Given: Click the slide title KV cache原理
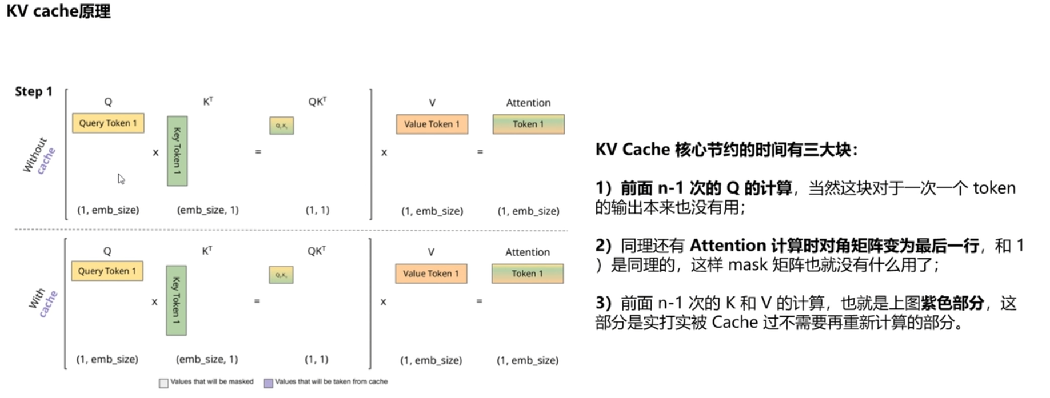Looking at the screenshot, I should coord(58,11).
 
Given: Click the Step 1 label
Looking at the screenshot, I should coord(34,91).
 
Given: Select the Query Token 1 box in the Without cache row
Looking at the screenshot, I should coord(108,123).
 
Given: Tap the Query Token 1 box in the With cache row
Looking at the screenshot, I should coord(107,271).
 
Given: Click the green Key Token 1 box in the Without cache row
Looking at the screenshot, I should coord(177,151).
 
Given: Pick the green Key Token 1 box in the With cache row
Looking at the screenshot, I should coord(176,300).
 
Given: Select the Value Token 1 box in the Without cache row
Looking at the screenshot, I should coord(432,124).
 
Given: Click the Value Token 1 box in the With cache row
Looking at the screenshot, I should coord(430,274).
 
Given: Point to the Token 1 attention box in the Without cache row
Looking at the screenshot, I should coord(528,124).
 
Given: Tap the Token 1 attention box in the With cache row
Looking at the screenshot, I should coord(527,274).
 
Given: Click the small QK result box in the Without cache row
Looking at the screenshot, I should coord(281,126).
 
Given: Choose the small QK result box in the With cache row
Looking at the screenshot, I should coord(281,275).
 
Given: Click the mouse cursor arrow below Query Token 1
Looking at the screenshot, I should coord(121,179).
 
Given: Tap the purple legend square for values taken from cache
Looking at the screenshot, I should coord(268,383).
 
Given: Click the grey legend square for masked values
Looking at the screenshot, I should coord(163,383).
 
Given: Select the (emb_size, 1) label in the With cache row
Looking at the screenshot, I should coord(207,359).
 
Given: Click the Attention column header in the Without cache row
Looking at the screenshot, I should coord(528,103).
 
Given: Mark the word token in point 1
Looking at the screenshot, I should coord(994,188).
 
